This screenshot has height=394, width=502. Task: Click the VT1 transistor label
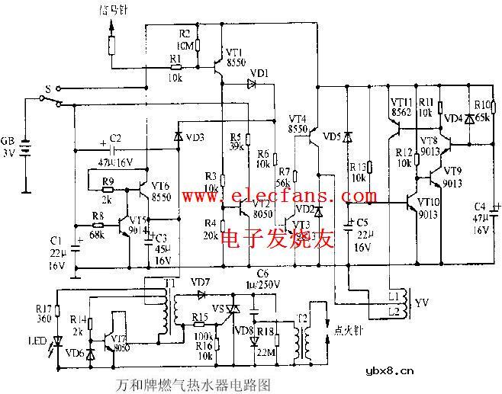pos(235,52)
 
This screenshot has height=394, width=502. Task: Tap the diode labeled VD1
pos(251,84)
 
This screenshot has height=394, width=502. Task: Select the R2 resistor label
pos(184,34)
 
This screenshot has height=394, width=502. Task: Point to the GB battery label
pos(7,142)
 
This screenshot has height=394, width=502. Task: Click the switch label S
pos(47,89)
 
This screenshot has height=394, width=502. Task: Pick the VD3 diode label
pos(195,137)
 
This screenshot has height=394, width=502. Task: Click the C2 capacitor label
pos(115,138)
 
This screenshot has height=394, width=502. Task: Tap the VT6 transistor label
pos(160,185)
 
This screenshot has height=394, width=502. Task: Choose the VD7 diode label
pos(199,281)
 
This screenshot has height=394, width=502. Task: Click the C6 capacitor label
pos(262,273)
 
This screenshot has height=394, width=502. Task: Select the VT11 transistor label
pos(401,101)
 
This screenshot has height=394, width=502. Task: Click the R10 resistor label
pos(481,104)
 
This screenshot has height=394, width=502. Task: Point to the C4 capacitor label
pos(479,206)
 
